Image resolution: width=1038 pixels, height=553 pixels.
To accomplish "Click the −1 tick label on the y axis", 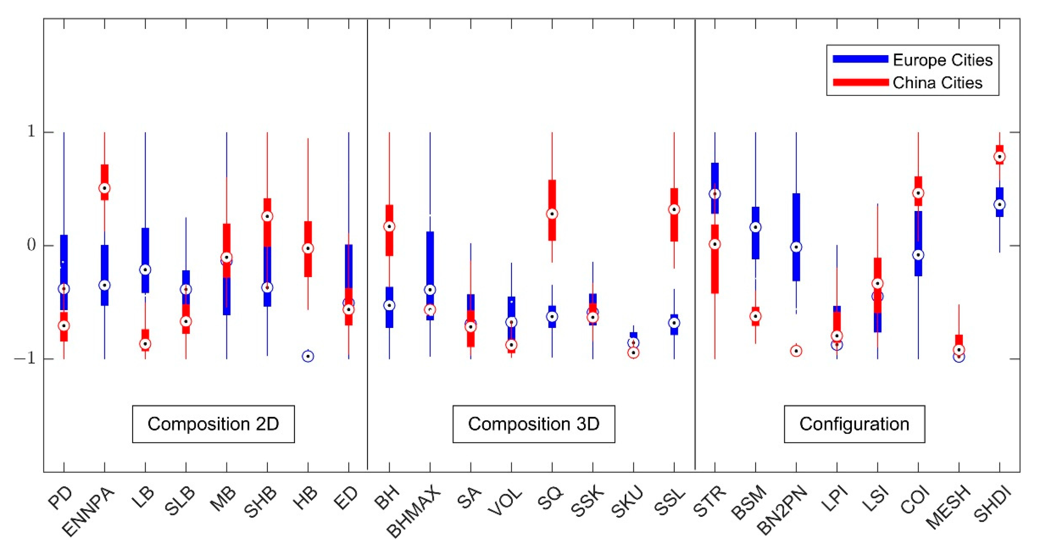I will (27, 358).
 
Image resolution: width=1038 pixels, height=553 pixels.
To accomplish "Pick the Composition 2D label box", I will (213, 424).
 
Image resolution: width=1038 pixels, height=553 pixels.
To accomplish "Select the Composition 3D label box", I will (533, 424).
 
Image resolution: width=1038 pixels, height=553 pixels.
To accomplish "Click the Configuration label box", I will (854, 424).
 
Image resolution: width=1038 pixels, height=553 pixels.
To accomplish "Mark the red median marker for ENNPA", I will (105, 188).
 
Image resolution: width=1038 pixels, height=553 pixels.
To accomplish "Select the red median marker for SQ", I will (552, 214).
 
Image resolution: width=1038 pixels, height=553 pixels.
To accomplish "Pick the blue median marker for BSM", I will (756, 227).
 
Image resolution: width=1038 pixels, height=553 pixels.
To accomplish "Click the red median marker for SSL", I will (674, 209).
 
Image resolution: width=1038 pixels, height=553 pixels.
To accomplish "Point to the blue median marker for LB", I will (145, 269).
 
